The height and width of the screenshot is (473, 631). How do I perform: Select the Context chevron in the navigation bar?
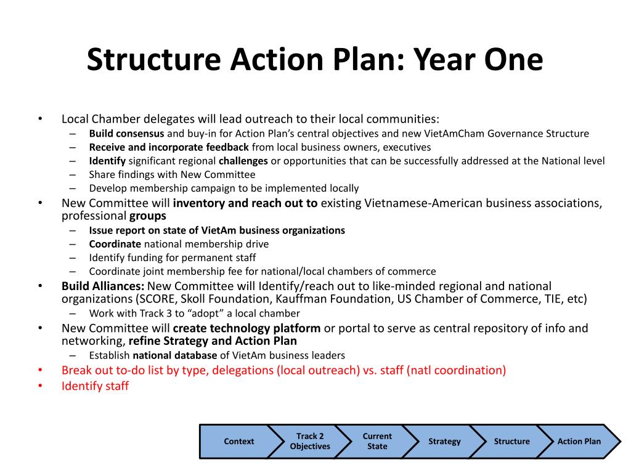(238, 441)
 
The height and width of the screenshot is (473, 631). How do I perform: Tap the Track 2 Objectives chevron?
(309, 441)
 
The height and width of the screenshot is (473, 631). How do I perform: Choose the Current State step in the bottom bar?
(377, 441)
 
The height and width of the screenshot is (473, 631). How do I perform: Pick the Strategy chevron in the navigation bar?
(444, 441)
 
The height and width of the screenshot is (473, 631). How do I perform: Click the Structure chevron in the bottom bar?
(511, 441)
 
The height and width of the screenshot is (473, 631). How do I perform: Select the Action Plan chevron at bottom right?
(578, 441)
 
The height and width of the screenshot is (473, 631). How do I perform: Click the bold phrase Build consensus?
(126, 134)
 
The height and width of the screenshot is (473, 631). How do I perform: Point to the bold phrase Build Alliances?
(103, 286)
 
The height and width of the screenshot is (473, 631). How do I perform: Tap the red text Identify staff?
(95, 386)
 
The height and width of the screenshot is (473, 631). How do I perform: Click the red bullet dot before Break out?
(40, 370)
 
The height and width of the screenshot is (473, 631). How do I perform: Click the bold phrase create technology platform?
(246, 328)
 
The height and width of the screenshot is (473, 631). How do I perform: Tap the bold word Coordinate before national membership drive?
(115, 244)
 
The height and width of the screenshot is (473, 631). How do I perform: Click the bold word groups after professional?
(147, 216)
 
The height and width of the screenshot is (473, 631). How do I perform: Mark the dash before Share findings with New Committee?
(73, 175)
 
